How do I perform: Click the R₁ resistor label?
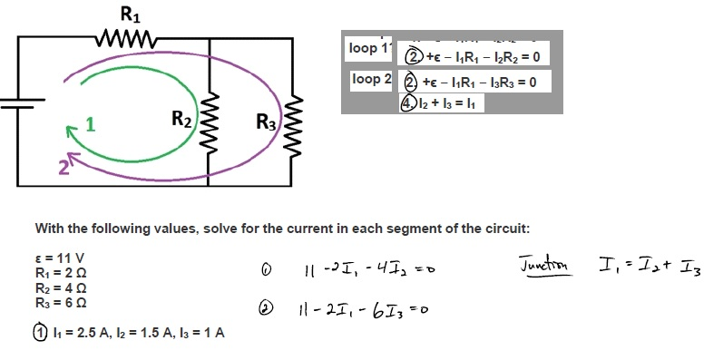click(x=129, y=14)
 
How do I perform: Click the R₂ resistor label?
click(x=182, y=118)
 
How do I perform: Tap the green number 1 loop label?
click(x=90, y=124)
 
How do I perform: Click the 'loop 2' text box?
click(x=371, y=80)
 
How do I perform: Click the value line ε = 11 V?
click(x=61, y=258)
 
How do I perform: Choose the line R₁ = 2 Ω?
click(x=61, y=273)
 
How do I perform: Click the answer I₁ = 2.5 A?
click(x=79, y=332)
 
